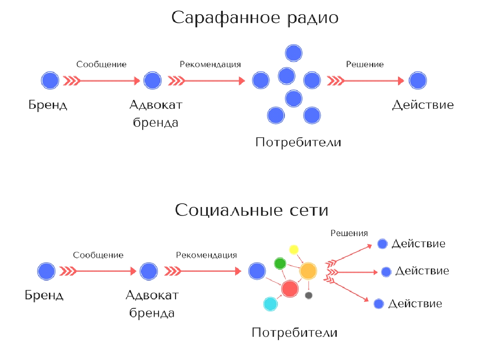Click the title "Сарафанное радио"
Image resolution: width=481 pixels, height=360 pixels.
[x=255, y=18]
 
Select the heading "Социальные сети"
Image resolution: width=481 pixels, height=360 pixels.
[x=252, y=210]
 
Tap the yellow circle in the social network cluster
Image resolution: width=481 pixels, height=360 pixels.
[x=294, y=250]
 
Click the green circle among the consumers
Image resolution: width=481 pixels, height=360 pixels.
[x=280, y=263]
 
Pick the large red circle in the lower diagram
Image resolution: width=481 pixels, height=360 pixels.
[x=290, y=288]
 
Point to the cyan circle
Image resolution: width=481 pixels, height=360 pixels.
[x=271, y=304]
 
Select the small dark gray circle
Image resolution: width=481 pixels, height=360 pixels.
[x=309, y=295]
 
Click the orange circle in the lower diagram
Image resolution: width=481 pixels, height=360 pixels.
[x=308, y=271]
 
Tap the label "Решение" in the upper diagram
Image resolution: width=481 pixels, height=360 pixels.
[x=365, y=65]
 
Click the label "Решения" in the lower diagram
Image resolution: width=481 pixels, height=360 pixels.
[x=349, y=233]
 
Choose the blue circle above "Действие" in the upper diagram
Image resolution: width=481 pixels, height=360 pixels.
[x=418, y=80]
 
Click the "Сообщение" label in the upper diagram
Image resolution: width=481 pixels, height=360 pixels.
[x=101, y=65]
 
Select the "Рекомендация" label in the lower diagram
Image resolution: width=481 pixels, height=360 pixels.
[x=207, y=255]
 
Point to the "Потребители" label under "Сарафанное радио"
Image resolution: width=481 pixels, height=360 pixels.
[x=298, y=143]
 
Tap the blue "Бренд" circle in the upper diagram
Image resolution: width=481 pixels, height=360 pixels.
[x=50, y=80]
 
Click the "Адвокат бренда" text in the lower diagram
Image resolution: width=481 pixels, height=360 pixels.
[x=152, y=304]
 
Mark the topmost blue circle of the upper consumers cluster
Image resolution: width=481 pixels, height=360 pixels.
[x=294, y=53]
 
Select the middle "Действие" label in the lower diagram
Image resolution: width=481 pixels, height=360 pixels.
[x=422, y=271]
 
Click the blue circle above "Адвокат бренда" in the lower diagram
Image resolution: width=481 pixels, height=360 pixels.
[x=149, y=271]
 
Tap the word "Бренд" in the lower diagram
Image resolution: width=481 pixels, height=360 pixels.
[x=44, y=295]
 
